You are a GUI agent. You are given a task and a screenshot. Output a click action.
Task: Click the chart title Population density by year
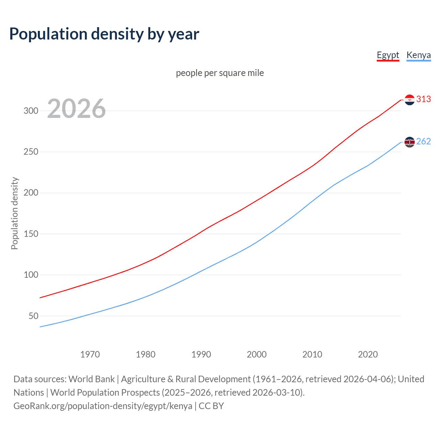point(104,34)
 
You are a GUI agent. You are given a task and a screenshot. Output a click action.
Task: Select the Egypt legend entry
point(388,55)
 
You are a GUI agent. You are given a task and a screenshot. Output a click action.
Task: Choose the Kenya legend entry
point(418,55)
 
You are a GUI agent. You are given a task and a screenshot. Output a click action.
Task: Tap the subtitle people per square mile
point(220,73)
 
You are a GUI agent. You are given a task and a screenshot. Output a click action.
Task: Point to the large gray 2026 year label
point(76,109)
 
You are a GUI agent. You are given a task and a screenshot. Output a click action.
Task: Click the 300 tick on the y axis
point(31,111)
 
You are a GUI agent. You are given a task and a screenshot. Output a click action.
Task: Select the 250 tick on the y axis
point(31,152)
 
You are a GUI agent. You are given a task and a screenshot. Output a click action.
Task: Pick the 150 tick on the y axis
point(31,234)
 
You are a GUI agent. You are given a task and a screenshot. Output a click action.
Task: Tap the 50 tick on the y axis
point(33,316)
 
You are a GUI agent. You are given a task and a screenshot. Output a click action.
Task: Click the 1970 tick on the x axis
point(90,354)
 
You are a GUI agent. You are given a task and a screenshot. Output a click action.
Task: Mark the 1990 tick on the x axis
point(201,354)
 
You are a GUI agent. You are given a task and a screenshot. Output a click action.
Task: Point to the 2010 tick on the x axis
point(312,354)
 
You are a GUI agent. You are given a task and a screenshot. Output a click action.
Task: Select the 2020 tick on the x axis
point(368,354)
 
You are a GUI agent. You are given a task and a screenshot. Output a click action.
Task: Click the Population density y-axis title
point(14,213)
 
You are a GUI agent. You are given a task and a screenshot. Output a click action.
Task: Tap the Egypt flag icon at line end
point(409,100)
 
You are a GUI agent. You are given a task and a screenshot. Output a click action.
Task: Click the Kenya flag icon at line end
point(409,142)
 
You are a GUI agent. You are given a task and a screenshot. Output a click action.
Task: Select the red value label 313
point(423,99)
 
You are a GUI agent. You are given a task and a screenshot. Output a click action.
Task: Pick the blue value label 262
point(423,142)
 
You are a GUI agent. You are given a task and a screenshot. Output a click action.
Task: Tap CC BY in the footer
point(211,406)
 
